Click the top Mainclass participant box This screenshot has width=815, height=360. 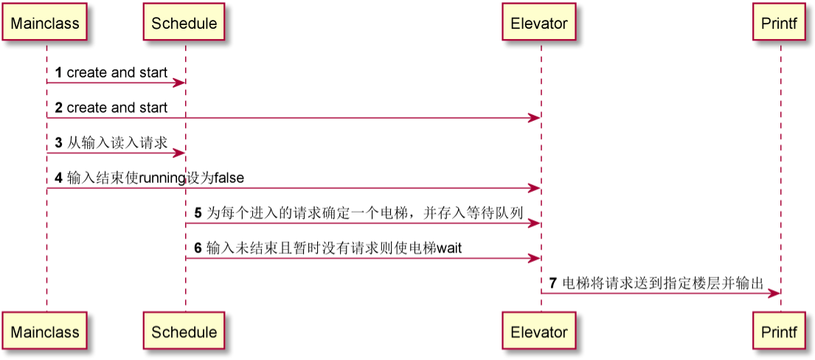point(45,23)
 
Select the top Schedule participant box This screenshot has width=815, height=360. point(184,23)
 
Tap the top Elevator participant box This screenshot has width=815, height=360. point(539,23)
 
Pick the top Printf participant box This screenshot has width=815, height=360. point(779,23)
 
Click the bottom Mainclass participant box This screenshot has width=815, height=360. point(45,332)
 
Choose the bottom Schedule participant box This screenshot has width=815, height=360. point(184,332)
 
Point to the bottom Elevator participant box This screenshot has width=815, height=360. point(539,332)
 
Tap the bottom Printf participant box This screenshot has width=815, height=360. point(779,332)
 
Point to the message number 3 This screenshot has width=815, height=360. point(58,142)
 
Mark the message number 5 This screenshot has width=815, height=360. point(198,212)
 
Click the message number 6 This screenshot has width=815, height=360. point(198,248)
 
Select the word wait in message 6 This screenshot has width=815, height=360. point(449,248)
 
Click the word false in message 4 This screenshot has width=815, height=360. point(229,178)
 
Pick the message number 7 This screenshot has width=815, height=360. point(552,283)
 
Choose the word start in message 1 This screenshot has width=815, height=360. point(153,72)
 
